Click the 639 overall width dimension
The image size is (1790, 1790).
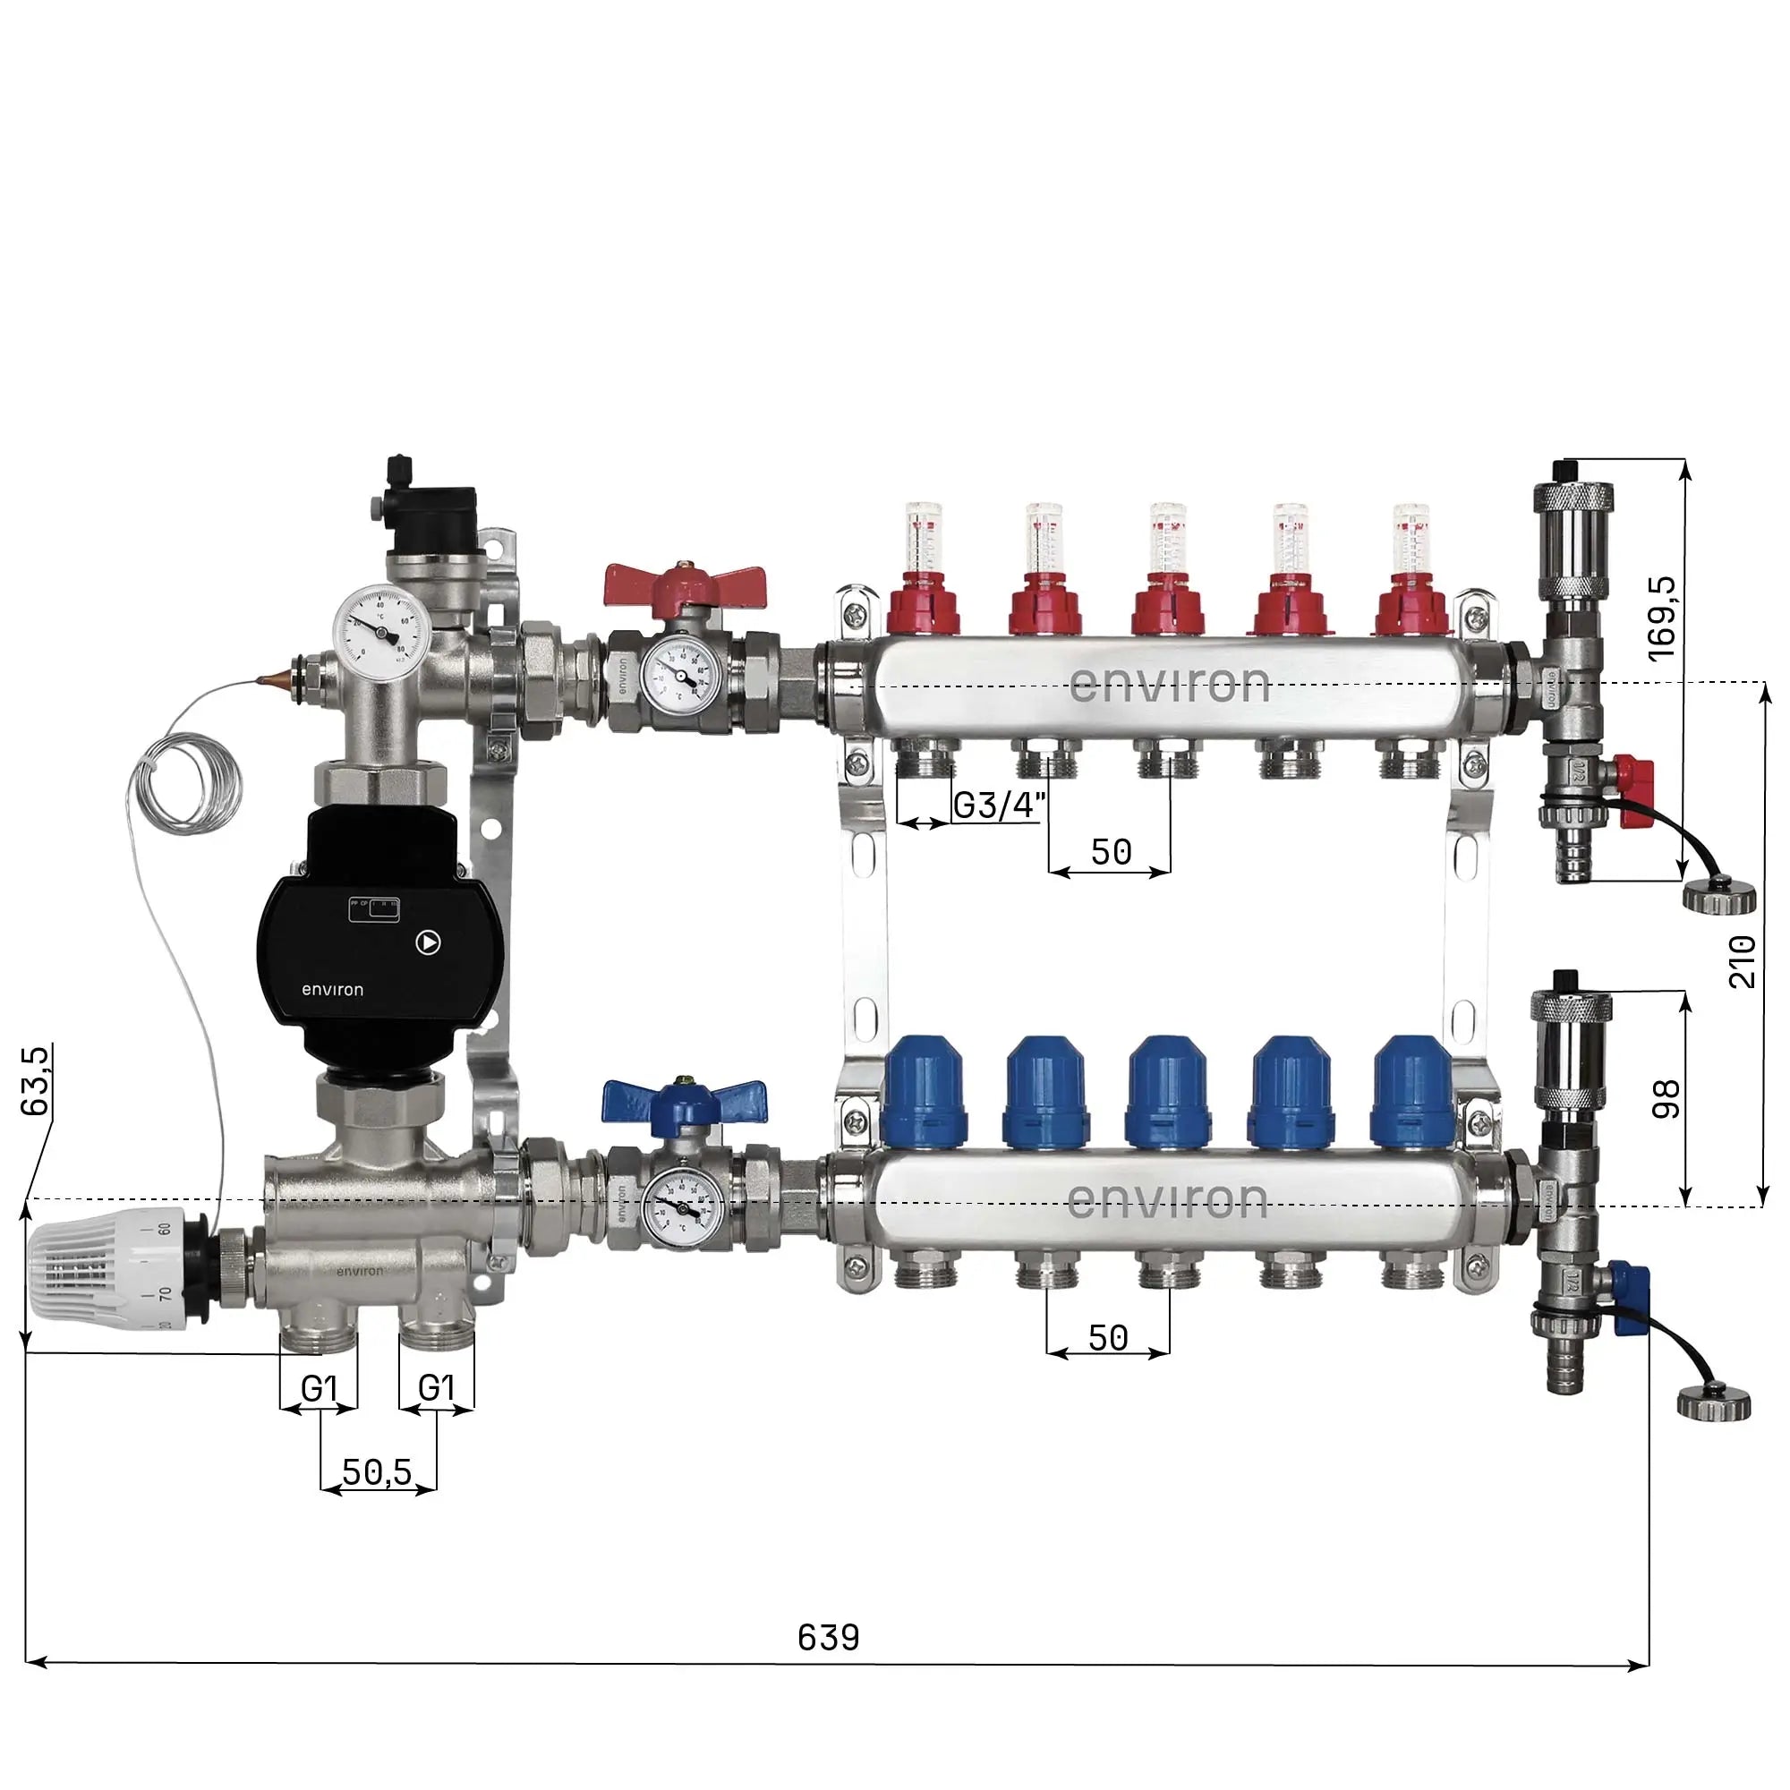pyautogui.click(x=828, y=1637)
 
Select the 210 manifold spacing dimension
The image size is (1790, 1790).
pyautogui.click(x=1742, y=962)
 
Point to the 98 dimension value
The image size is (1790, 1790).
pyautogui.click(x=1666, y=1100)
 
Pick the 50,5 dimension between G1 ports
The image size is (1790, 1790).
pyautogui.click(x=376, y=1471)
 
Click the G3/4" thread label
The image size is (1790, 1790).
pyautogui.click(x=1000, y=806)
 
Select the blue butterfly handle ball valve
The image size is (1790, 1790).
pyautogui.click(x=684, y=1101)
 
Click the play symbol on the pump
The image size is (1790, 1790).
pyautogui.click(x=429, y=943)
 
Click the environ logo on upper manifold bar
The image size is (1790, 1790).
pyautogui.click(x=1169, y=686)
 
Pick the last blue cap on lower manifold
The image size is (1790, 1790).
pyautogui.click(x=1412, y=1089)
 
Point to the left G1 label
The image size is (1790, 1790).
pyautogui.click(x=318, y=1388)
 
